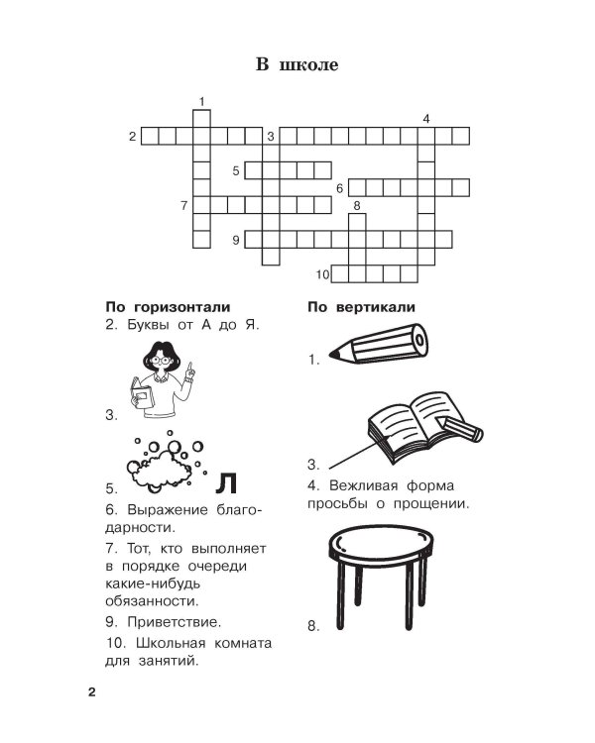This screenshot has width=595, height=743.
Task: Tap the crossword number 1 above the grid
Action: [201, 101]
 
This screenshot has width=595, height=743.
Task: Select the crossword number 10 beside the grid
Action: [322, 274]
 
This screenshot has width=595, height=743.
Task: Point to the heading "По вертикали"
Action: [361, 306]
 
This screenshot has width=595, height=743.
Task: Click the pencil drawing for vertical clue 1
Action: [382, 346]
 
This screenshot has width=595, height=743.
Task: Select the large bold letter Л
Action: [227, 481]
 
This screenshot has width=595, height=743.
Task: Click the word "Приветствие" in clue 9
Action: [174, 623]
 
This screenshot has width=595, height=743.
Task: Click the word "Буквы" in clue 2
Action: [148, 325]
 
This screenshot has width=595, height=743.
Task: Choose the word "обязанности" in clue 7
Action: [150, 600]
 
